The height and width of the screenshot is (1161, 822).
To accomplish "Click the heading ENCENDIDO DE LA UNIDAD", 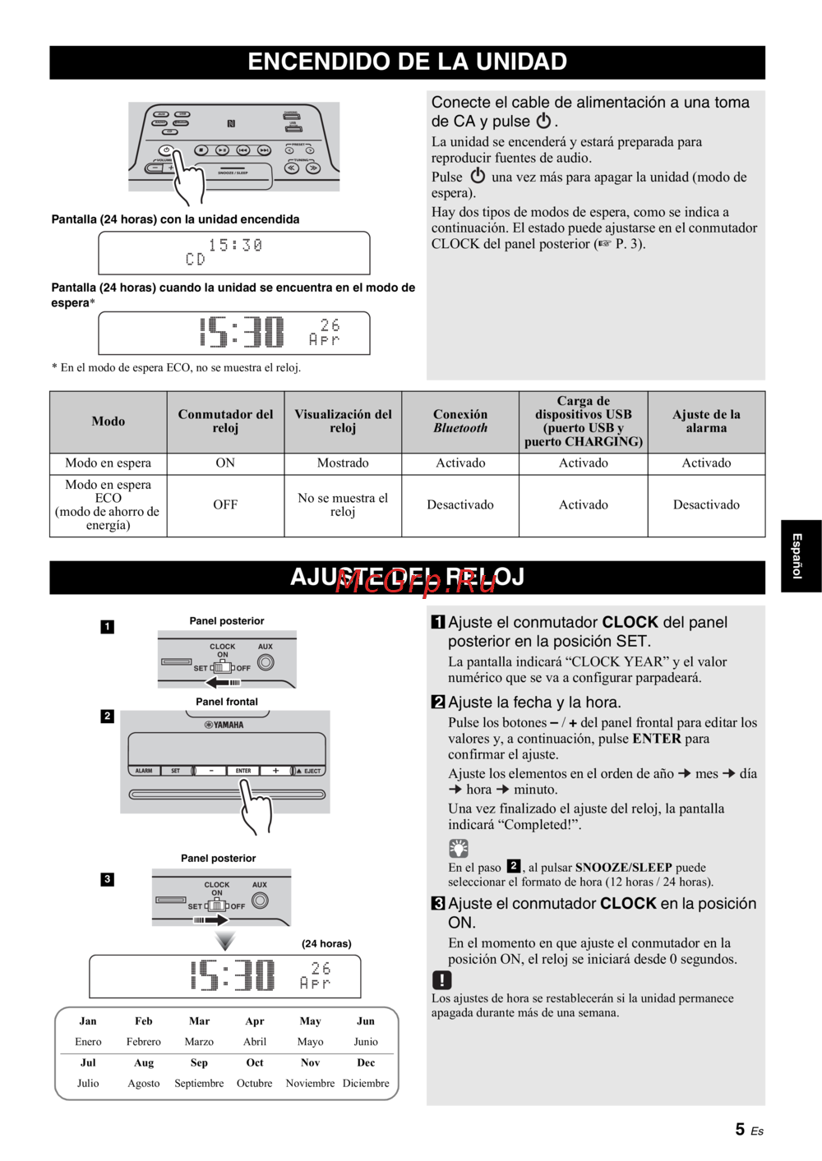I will (x=407, y=62).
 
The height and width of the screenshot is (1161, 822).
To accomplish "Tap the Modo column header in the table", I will (x=108, y=422).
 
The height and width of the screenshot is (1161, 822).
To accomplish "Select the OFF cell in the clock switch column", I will (x=225, y=504).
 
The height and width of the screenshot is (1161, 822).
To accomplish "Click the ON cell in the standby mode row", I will (x=225, y=463).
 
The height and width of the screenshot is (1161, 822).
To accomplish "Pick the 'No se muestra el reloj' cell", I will (x=343, y=504).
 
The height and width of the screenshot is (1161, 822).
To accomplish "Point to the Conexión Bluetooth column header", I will (x=460, y=422).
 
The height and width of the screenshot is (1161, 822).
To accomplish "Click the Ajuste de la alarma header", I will (x=706, y=422).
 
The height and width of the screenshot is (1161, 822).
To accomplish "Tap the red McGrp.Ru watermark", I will (x=416, y=582).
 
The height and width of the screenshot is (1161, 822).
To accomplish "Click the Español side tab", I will (x=797, y=555).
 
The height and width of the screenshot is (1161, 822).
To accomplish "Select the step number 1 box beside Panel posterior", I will (x=108, y=627).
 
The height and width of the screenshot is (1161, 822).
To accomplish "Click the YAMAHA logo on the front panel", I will (x=224, y=725).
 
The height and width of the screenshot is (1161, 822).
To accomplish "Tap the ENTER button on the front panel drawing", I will (x=243, y=771).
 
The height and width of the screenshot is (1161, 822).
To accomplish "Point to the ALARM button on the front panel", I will (x=144, y=771).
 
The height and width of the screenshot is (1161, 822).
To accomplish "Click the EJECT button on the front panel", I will (x=310, y=771).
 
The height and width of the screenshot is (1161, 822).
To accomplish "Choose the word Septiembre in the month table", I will (x=199, y=1083).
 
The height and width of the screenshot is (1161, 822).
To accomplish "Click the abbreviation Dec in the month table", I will (x=366, y=1062).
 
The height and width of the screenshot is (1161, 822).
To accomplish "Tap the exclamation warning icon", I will (x=441, y=979).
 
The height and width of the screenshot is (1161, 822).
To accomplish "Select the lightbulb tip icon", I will (x=458, y=848).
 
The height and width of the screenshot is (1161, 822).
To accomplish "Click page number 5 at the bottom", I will (x=740, y=1130).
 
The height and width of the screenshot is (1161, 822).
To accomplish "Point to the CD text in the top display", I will (x=196, y=260).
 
